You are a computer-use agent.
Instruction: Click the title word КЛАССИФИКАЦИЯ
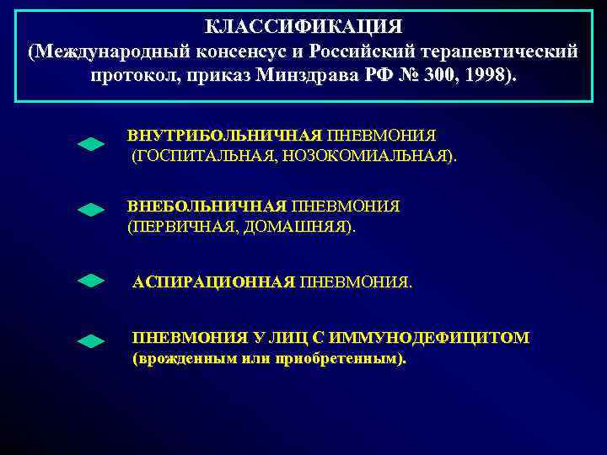(303, 28)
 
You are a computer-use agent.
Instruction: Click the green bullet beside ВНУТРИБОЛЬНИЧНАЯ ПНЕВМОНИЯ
(91, 145)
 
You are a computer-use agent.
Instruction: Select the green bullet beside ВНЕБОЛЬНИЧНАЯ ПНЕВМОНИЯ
(91, 210)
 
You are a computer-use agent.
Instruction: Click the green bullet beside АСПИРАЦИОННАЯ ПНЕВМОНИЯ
(91, 281)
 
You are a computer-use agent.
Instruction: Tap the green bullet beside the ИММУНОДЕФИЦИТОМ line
(91, 341)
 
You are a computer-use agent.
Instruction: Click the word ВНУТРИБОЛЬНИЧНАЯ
(224, 136)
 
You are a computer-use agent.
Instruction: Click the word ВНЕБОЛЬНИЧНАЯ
(207, 206)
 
